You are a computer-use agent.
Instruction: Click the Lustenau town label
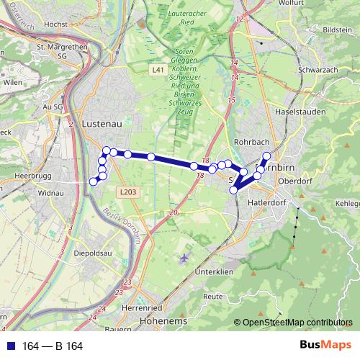coord(102,123)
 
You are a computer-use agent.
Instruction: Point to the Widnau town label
coord(51,193)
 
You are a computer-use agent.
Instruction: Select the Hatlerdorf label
coord(267,204)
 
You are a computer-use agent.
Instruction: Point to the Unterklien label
coord(215,271)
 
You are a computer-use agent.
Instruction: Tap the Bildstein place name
coord(336,30)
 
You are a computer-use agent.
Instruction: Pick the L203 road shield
coord(128,192)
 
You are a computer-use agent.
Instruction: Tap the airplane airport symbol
coord(185,257)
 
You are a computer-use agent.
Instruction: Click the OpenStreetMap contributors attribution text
coord(297,323)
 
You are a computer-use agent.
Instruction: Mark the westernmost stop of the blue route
coord(93,181)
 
